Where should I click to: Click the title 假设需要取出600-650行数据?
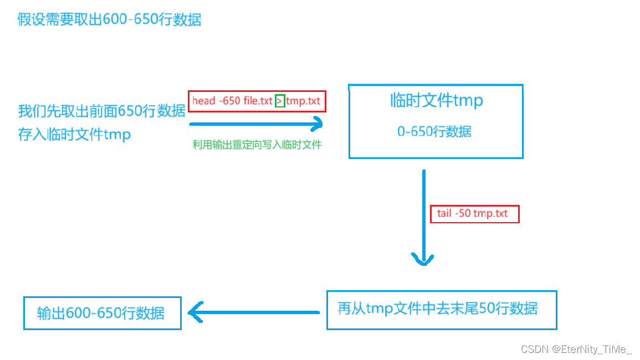109,20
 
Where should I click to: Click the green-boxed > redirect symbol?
280,101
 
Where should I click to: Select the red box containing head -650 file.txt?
257,101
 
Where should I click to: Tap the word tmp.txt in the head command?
303,101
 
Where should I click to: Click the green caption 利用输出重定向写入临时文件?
257,145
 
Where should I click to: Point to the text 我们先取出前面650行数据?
102,111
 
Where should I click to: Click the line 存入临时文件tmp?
75,135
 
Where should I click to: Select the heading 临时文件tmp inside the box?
436,100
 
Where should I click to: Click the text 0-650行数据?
434,131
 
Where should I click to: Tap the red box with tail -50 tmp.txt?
474,214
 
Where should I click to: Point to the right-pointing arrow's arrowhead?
316,124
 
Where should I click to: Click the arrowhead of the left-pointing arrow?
196,313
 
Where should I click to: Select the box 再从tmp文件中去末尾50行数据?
441,310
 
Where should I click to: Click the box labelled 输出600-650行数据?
102,313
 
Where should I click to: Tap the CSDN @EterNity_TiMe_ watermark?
576,349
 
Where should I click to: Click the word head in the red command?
203,101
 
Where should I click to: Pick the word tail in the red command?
444,214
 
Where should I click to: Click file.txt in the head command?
258,101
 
